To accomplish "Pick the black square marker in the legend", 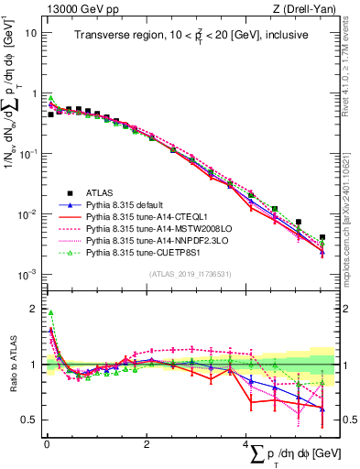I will click(58, 193).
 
